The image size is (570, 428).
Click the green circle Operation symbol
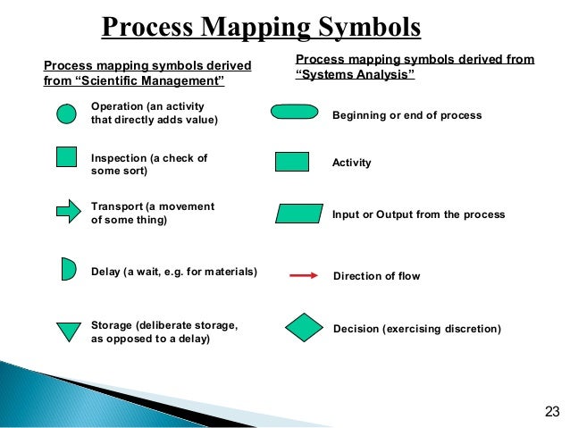[66, 114]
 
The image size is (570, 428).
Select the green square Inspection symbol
[66, 157]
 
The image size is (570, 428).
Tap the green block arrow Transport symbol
[69, 212]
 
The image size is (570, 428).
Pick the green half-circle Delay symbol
[68, 268]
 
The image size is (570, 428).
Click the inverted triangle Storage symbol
[69, 331]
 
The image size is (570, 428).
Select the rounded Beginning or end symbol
[293, 113]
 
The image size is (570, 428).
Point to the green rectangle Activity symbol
[292, 162]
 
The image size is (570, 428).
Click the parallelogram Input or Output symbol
[299, 214]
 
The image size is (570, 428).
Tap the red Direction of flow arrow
[304, 276]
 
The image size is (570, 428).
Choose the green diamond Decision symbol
[305, 328]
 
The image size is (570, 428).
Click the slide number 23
[550, 411]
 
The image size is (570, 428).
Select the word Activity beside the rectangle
[352, 164]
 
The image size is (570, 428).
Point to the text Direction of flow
[376, 276]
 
